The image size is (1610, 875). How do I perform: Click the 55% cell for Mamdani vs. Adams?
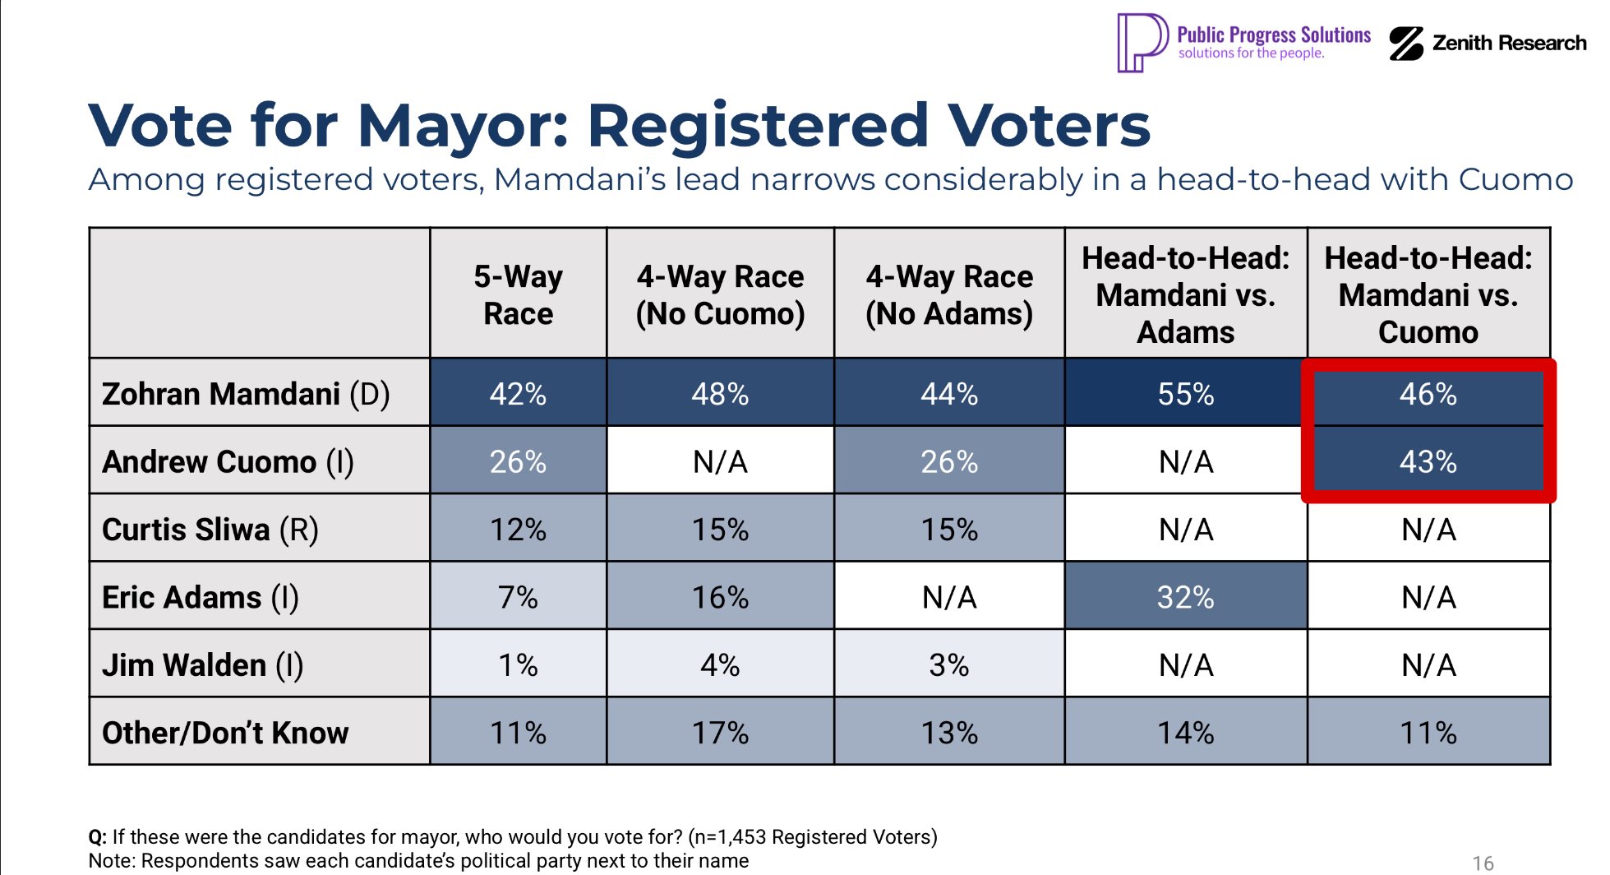pos(1185,394)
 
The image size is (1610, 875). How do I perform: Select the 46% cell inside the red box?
pos(1428,394)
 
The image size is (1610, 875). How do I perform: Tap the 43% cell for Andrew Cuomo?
pos(1428,461)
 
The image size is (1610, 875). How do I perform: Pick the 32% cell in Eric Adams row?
pos(1185,597)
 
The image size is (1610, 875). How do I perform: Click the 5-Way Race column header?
pos(518,294)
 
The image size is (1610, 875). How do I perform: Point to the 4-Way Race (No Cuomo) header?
pos(720,294)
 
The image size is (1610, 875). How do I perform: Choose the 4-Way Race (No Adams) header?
pos(949,294)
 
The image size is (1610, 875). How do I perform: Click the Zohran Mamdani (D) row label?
pos(246,394)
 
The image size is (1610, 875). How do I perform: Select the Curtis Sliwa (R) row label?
pos(210,530)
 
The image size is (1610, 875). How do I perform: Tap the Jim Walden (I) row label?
pos(202,664)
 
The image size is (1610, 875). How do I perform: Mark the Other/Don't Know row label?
pos(225,733)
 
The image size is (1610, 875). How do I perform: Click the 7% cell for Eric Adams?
pos(518,597)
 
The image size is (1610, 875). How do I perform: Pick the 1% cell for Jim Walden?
pos(518,664)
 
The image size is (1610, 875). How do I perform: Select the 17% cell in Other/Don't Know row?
pos(720,733)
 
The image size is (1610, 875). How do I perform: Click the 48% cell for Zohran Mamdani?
pos(720,394)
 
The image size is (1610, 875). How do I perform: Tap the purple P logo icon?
pos(1141,43)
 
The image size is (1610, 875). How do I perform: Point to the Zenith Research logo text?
pos(1509,43)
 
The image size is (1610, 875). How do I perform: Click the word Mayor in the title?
pos(463,126)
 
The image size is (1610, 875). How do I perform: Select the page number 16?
pos(1483,863)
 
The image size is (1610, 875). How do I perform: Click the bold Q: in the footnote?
pos(97,837)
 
